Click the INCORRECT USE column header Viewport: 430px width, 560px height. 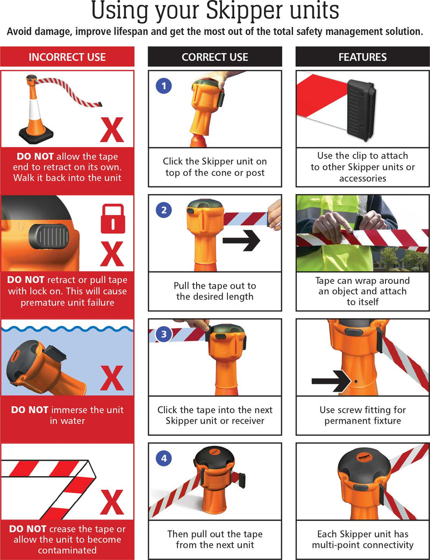coord(67,57)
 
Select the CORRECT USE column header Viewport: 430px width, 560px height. coord(214,57)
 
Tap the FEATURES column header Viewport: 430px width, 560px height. coord(362,57)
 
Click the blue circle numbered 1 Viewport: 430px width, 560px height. coord(163,85)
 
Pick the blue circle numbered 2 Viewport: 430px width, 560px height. coord(163,210)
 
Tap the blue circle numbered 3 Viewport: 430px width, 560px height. coord(163,334)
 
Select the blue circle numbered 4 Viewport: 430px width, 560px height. coord(163,458)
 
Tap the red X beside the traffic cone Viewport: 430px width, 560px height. coord(112,131)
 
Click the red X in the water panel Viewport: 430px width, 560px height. coord(112,378)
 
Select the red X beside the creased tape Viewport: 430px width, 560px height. coord(112,504)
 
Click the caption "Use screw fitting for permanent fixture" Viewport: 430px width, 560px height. coord(362,415)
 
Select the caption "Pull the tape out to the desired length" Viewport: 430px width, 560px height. coord(214,291)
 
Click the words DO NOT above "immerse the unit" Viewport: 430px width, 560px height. coord(30,410)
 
